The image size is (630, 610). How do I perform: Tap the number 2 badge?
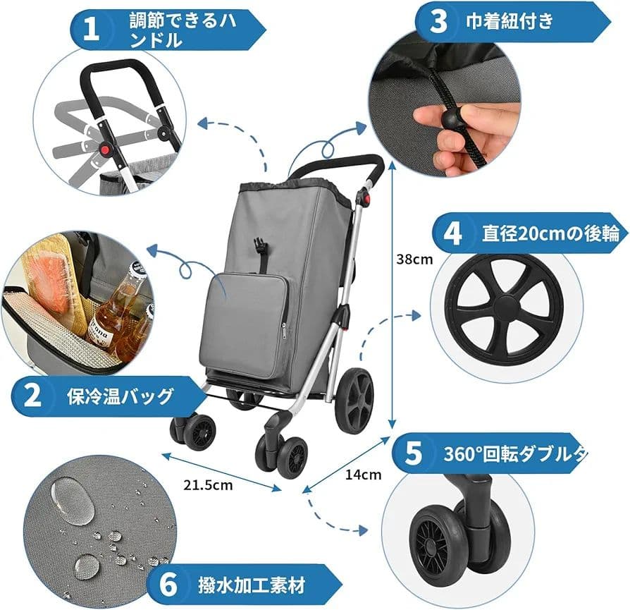tap(32, 396)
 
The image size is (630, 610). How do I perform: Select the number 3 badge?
tap(438, 21)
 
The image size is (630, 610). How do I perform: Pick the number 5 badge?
tap(414, 453)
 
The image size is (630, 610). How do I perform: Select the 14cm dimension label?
tap(363, 474)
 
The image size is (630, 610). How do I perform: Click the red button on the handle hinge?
tap(106, 151)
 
